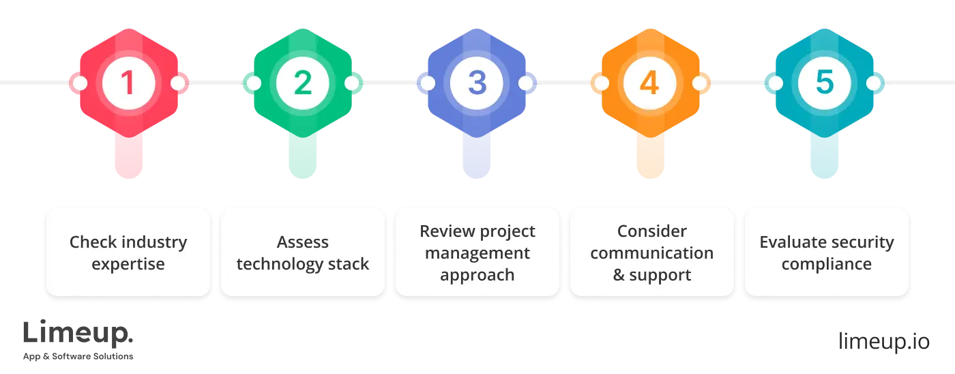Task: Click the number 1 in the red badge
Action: click(128, 83)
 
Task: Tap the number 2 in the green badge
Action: click(303, 83)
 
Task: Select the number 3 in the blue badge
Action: click(477, 83)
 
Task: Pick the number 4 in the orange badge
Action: click(651, 83)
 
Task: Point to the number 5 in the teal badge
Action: click(825, 83)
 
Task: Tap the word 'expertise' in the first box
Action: click(128, 264)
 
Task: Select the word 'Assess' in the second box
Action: click(303, 242)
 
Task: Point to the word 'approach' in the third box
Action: click(477, 275)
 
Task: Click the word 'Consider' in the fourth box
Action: click(652, 231)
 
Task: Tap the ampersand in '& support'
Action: click(619, 275)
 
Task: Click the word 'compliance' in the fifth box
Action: click(827, 264)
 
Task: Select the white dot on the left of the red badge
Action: click(80, 83)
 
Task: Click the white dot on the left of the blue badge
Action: click(428, 83)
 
